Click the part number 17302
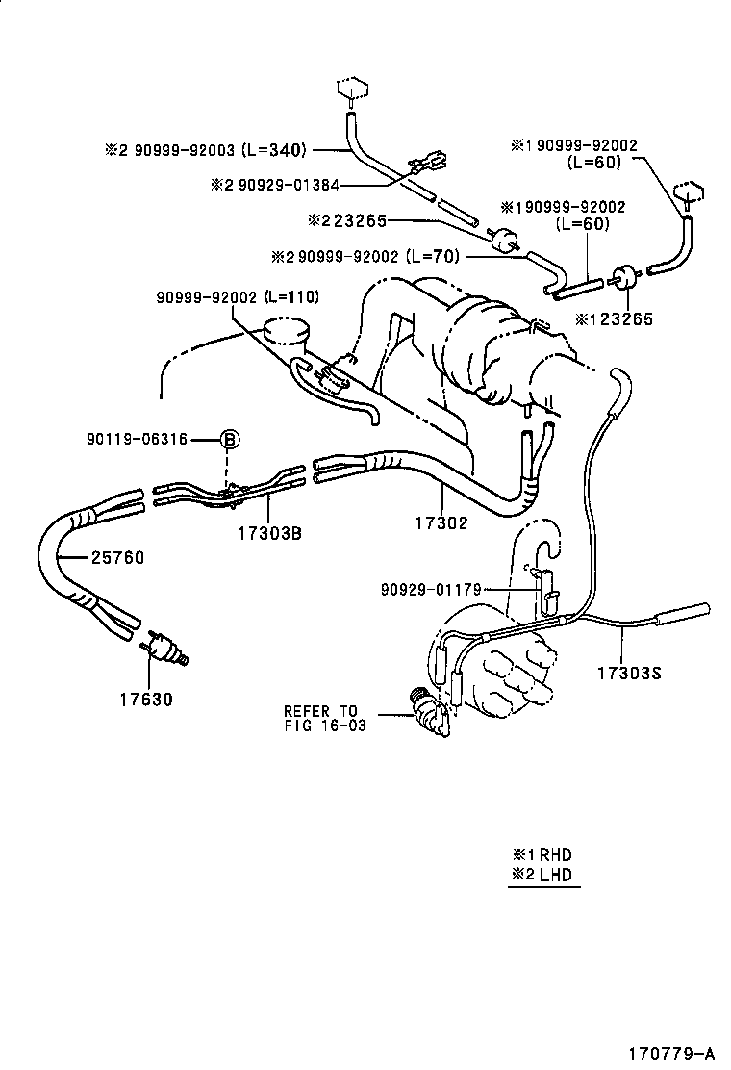point(441,524)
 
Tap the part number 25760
point(117,557)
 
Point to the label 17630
point(147,700)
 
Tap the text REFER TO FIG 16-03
point(324,719)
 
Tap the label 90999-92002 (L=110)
point(238,297)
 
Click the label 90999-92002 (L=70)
point(367,256)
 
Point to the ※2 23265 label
point(346,221)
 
